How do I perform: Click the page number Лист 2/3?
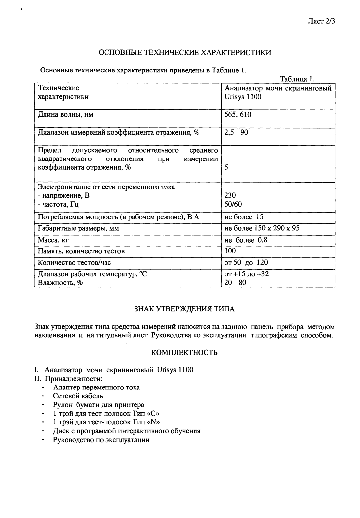point(321,22)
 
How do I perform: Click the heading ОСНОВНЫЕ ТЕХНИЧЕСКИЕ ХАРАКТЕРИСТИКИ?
point(185,53)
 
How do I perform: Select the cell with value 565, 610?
point(238,115)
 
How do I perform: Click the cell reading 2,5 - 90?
point(236,132)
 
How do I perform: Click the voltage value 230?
point(230,195)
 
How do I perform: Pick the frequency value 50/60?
point(233,204)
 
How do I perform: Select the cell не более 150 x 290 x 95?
point(262,228)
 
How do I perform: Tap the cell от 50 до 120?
point(246,262)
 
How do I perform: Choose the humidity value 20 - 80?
point(235,282)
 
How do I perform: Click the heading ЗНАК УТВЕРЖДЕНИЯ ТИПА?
point(185,309)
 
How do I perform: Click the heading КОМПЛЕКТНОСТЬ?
point(184,353)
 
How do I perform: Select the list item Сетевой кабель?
point(78,396)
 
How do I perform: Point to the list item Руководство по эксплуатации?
point(101,440)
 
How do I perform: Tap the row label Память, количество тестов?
point(81,251)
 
